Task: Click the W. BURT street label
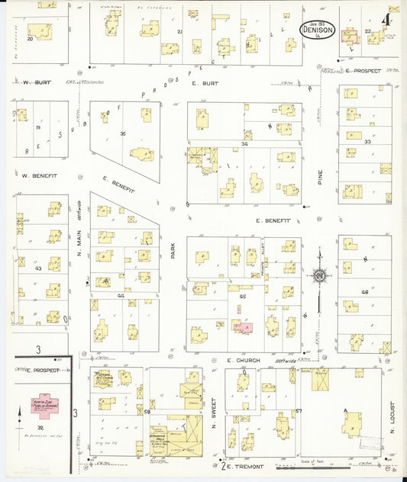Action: (36, 82)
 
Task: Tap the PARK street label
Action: (173, 250)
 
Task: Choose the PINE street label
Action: (320, 178)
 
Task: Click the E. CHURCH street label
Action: (244, 358)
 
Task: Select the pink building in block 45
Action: (244, 326)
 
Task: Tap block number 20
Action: (31, 37)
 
